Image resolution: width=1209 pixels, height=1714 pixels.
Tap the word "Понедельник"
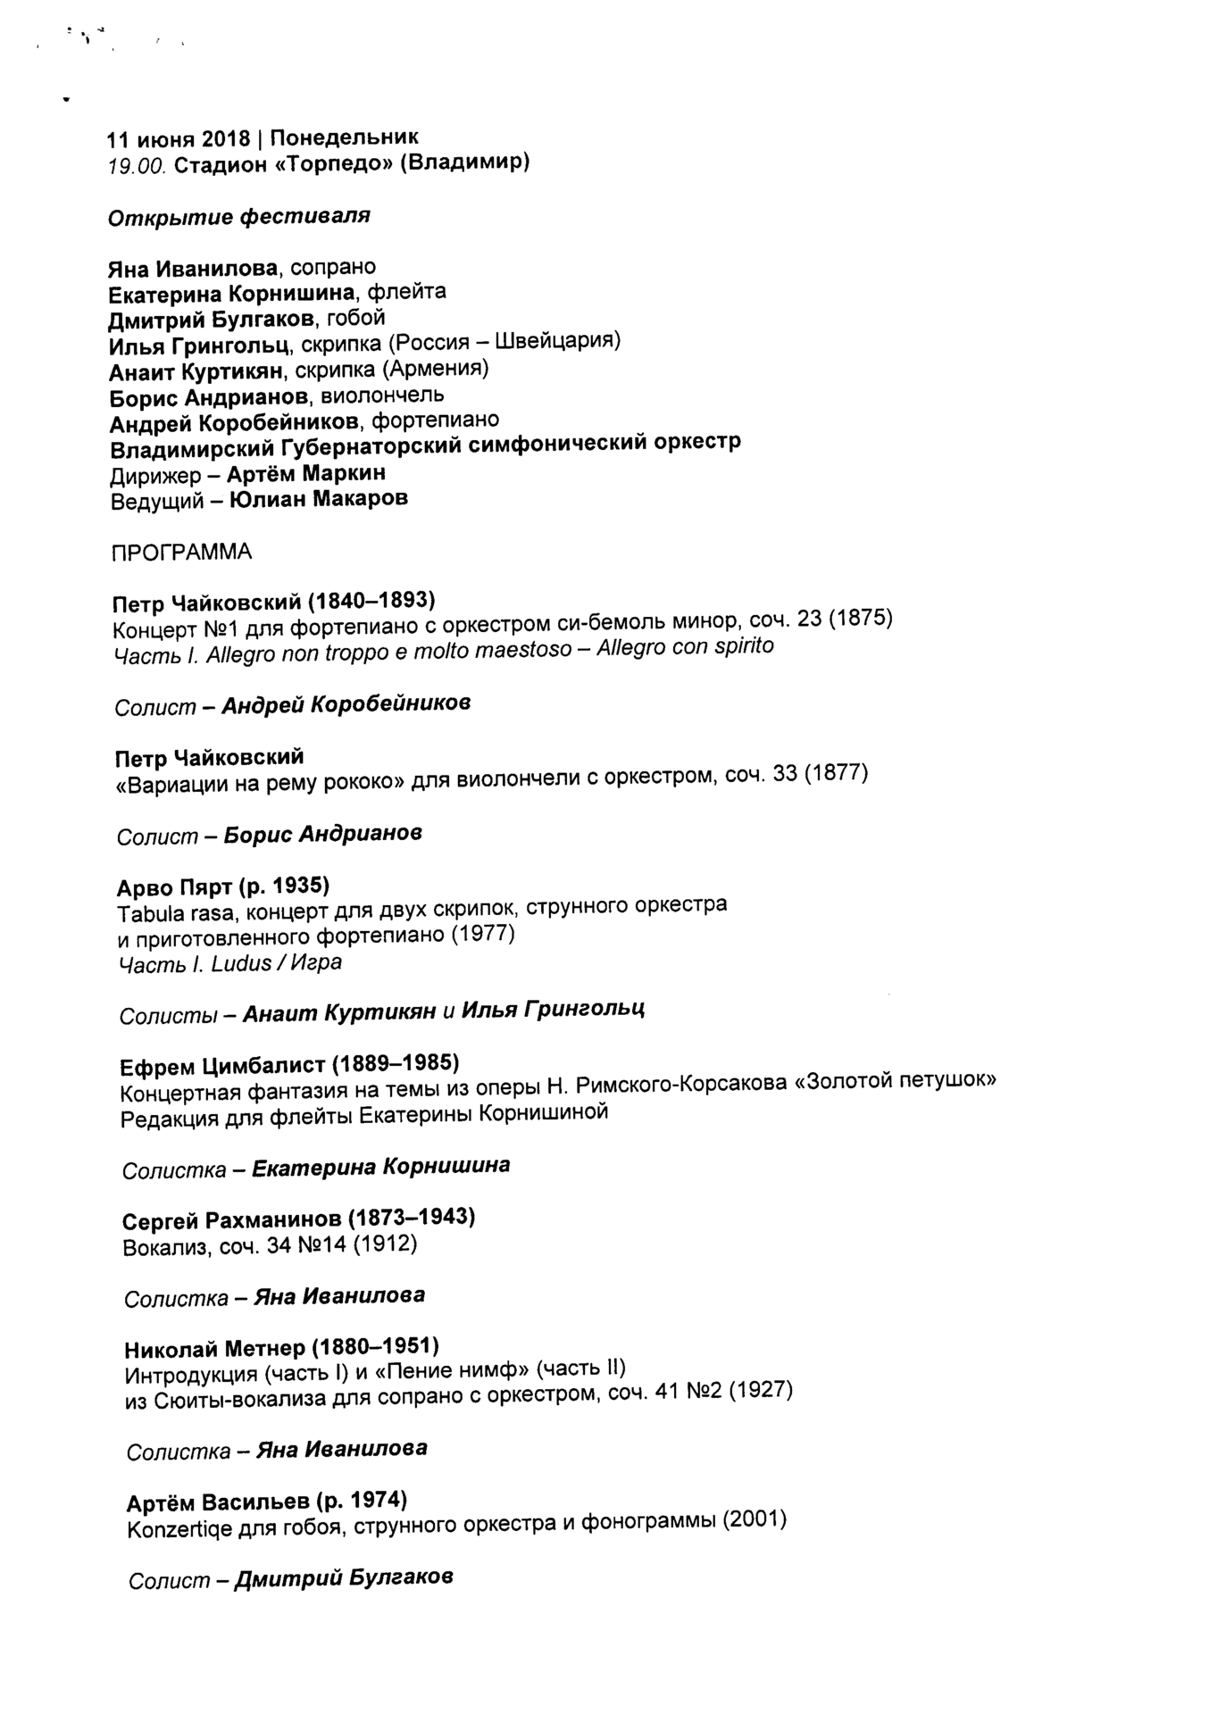click(x=344, y=137)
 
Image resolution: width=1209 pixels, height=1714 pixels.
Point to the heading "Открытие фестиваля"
click(x=238, y=217)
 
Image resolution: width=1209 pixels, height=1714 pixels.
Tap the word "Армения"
click(x=436, y=369)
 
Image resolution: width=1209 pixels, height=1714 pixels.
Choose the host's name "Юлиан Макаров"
click(x=319, y=499)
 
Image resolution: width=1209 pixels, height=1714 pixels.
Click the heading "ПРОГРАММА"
click(x=181, y=553)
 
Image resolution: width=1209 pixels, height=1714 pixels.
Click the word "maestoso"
click(x=523, y=650)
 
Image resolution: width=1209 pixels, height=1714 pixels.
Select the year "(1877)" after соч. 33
click(x=836, y=773)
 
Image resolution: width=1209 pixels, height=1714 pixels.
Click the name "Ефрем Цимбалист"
click(x=222, y=1066)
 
